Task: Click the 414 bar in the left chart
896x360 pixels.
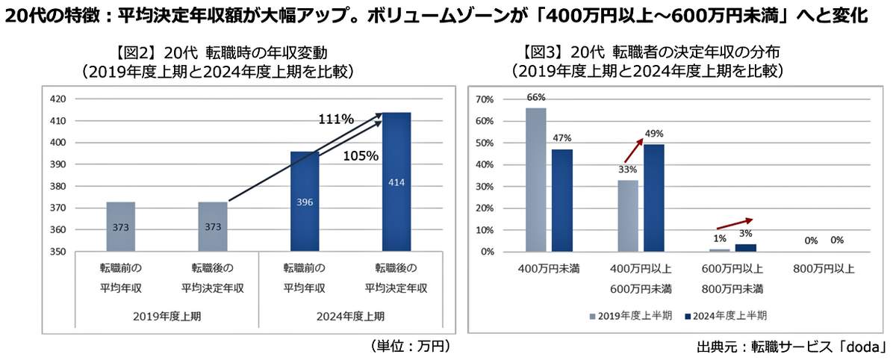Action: click(396, 182)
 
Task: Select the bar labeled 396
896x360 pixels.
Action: click(305, 202)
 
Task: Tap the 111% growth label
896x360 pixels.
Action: click(336, 120)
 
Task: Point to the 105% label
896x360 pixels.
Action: click(361, 156)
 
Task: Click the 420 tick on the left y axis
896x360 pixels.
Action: click(59, 99)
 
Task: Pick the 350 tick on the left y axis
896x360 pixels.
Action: click(59, 252)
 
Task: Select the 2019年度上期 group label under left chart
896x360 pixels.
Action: click(167, 315)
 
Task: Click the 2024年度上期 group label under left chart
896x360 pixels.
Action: click(350, 315)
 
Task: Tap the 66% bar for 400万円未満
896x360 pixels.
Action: click(535, 180)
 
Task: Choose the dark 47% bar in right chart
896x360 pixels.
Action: click(562, 200)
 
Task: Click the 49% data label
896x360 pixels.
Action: click(653, 134)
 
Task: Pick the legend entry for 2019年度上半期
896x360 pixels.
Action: click(632, 315)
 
